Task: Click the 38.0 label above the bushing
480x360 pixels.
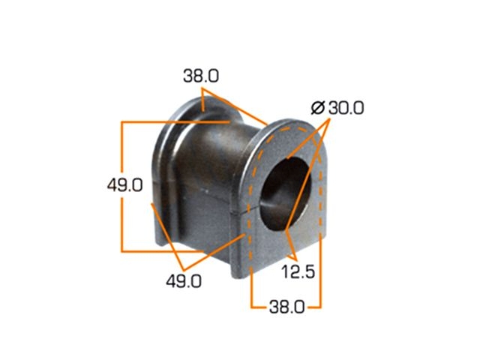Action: (201, 76)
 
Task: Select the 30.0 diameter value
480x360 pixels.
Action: (346, 108)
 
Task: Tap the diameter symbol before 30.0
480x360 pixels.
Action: (317, 108)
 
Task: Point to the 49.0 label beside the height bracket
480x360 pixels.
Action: (125, 185)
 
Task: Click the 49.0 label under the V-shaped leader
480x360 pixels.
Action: (184, 281)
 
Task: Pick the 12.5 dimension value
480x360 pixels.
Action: (298, 271)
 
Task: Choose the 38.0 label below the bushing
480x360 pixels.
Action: (286, 307)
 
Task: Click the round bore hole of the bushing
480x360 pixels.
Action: (285, 193)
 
